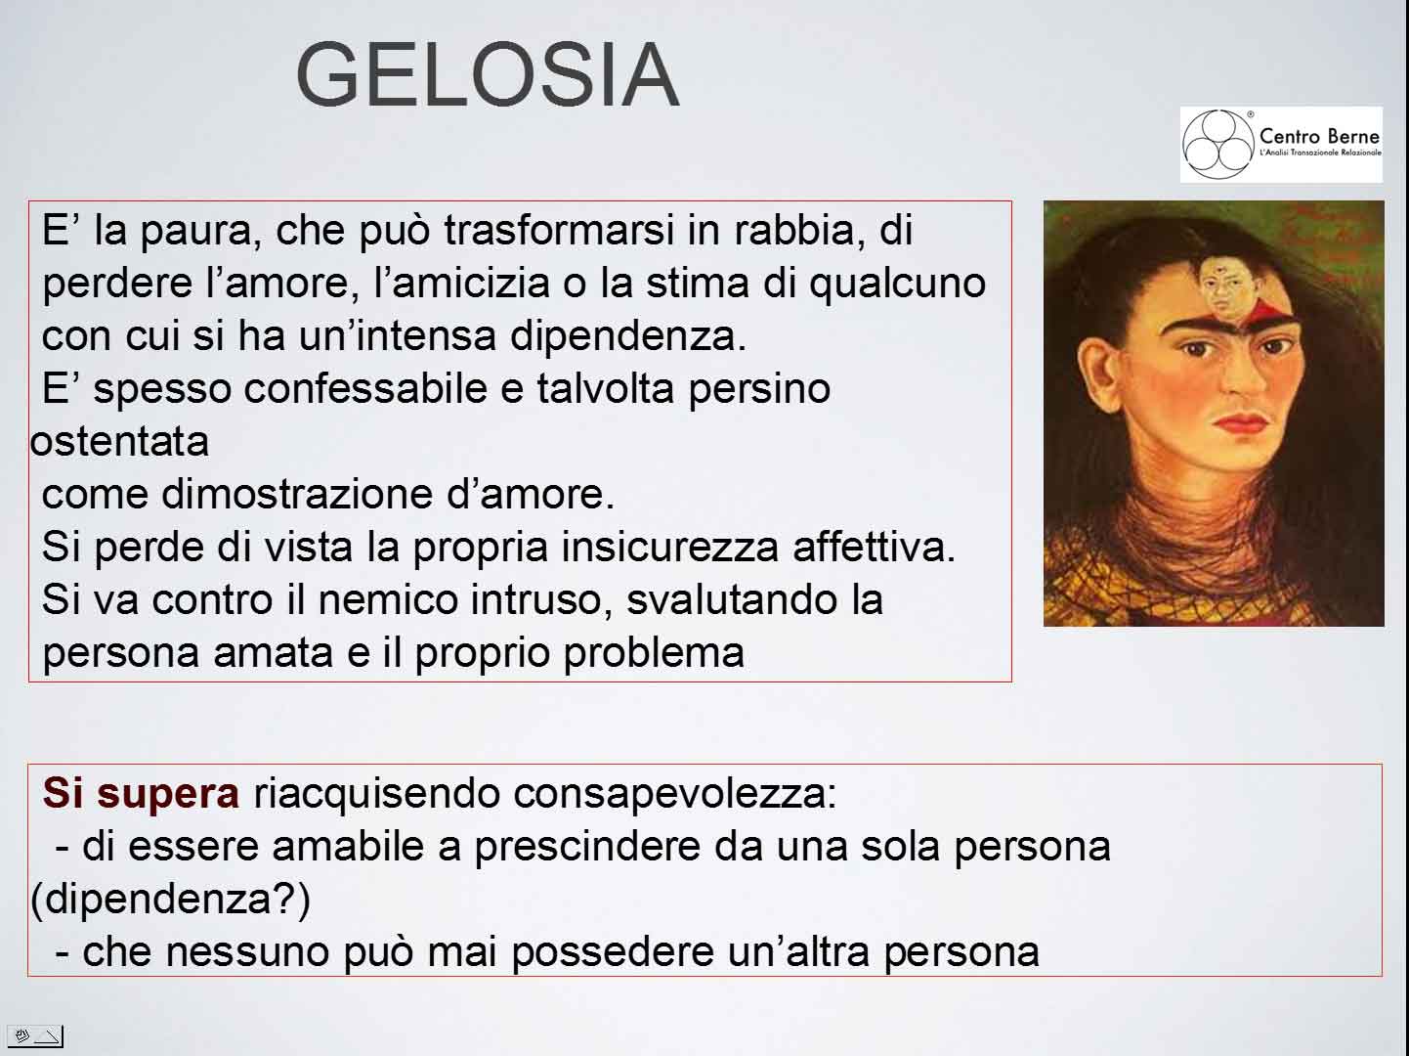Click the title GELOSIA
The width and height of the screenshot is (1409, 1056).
click(487, 74)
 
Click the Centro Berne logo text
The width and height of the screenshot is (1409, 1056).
click(1319, 136)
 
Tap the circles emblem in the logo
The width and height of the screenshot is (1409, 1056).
click(1217, 145)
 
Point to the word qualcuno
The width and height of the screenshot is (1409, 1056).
click(897, 284)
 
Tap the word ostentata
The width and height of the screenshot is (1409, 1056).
click(120, 442)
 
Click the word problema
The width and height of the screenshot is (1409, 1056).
click(654, 654)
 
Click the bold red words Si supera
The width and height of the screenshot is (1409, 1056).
click(141, 793)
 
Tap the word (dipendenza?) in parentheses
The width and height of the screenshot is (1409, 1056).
click(170, 900)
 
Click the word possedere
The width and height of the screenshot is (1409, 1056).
click(613, 952)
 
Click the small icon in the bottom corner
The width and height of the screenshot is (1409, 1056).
click(34, 1035)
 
